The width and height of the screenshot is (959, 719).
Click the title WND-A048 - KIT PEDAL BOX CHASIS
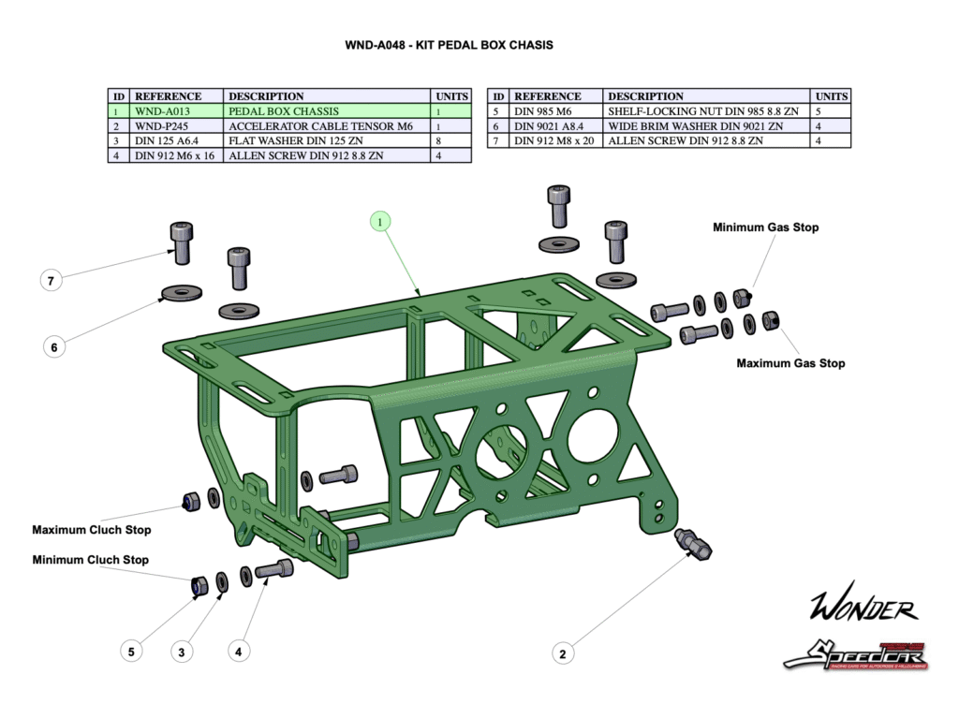pyautogui.click(x=449, y=44)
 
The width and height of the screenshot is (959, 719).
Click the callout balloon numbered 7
pyautogui.click(x=53, y=279)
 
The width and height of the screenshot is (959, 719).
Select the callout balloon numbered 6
pyautogui.click(x=53, y=347)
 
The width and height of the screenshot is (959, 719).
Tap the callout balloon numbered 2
pyautogui.click(x=563, y=653)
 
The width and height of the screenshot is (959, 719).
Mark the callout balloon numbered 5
pyautogui.click(x=131, y=651)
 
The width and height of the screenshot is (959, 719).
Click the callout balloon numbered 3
pyautogui.click(x=184, y=651)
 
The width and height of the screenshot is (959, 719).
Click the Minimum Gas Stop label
pyautogui.click(x=765, y=227)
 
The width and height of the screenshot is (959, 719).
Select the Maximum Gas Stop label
pyautogui.click(x=790, y=363)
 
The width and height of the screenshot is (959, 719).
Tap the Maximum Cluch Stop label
pyautogui.click(x=92, y=530)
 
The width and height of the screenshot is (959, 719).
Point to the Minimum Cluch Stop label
pyautogui.click(x=91, y=560)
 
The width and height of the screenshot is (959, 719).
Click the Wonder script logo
pyautogui.click(x=863, y=609)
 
